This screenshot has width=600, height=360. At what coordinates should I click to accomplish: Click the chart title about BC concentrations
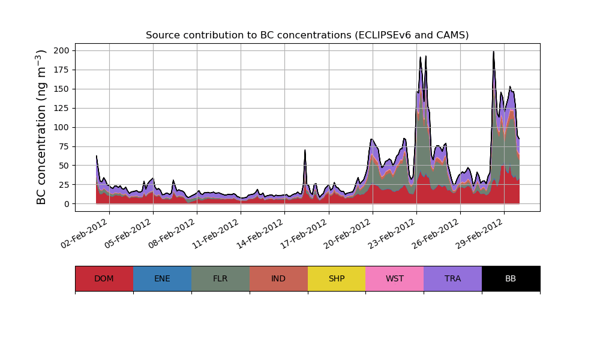[307, 35]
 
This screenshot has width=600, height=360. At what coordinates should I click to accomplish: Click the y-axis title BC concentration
[41, 127]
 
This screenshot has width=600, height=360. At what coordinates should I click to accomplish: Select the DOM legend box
[104, 278]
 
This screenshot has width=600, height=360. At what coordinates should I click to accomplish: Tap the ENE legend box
[162, 278]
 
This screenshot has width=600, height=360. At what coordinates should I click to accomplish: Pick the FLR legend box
[220, 278]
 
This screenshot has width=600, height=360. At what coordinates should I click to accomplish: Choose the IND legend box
[278, 278]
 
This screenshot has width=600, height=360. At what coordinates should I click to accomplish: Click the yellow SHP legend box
[337, 278]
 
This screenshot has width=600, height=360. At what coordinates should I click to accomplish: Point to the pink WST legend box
[395, 278]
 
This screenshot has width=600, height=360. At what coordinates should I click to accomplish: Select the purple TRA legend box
[453, 278]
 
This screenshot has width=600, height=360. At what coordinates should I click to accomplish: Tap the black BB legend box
[511, 278]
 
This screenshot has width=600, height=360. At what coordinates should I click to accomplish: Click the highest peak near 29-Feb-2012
[493, 52]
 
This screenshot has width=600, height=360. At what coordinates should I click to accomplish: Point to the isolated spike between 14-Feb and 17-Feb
[305, 151]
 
